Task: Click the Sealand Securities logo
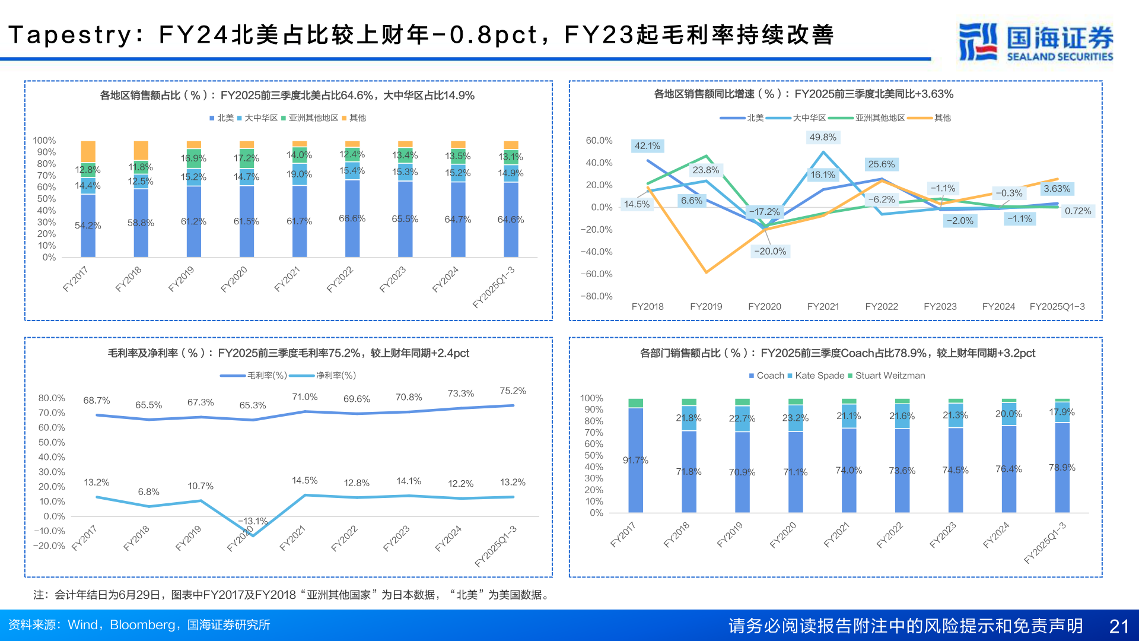(1036, 42)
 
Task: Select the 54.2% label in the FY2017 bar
(88, 226)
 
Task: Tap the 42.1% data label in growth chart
(647, 146)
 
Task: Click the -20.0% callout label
(770, 252)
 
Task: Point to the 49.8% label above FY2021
(823, 138)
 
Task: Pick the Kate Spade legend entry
(819, 376)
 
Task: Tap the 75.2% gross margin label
(513, 391)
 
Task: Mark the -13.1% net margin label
(253, 521)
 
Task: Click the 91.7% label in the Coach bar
(635, 461)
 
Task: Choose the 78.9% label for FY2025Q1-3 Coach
(1062, 468)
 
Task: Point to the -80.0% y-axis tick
(596, 296)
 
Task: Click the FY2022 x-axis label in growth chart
(882, 307)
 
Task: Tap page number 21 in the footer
(1119, 626)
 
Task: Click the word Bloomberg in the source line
(142, 625)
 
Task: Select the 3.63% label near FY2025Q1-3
(1057, 189)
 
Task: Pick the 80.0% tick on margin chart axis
(52, 398)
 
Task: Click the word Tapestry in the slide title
(70, 35)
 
